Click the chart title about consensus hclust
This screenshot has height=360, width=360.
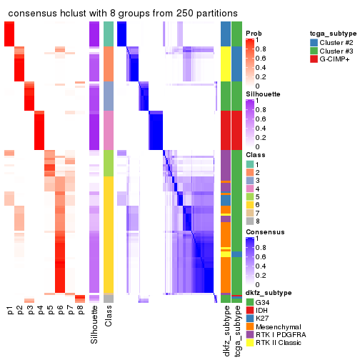pyautogui.click(x=123, y=14)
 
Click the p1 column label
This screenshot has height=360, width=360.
pyautogui.click(x=10, y=311)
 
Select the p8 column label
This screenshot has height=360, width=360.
pyautogui.click(x=80, y=311)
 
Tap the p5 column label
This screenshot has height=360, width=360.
pyautogui.click(x=50, y=311)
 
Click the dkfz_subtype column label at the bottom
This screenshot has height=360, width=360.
pyautogui.click(x=226, y=329)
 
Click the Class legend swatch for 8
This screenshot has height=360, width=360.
pyautogui.click(x=249, y=221)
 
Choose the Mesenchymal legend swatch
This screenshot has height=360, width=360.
pyautogui.click(x=249, y=328)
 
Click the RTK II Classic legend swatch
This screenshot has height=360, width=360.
pyautogui.click(x=249, y=345)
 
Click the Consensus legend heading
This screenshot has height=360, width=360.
pyautogui.click(x=263, y=232)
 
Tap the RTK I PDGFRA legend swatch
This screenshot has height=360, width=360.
pyautogui.click(x=249, y=336)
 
